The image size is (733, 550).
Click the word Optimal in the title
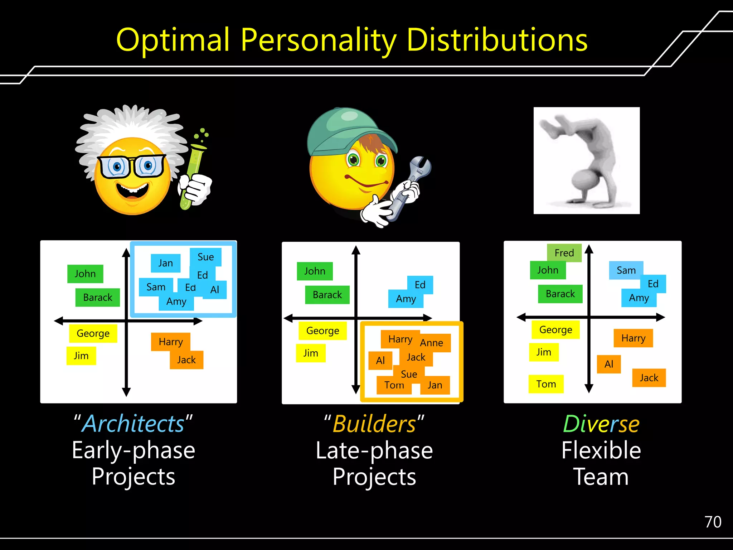173,40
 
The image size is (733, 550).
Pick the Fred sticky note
564,253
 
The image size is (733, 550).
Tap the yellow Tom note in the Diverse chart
546,384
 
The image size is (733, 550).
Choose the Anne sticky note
432,343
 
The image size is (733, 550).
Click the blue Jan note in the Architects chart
165,263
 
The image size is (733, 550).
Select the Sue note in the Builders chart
409,374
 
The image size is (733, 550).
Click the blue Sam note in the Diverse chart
626,270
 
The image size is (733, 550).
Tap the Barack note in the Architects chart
97,297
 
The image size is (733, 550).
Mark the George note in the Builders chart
322,331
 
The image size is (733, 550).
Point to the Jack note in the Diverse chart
649,378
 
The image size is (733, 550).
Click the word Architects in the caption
134,424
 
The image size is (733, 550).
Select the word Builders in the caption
374,424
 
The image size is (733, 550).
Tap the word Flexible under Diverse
601,450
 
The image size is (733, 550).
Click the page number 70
713,522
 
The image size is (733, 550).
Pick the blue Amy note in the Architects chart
176,302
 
